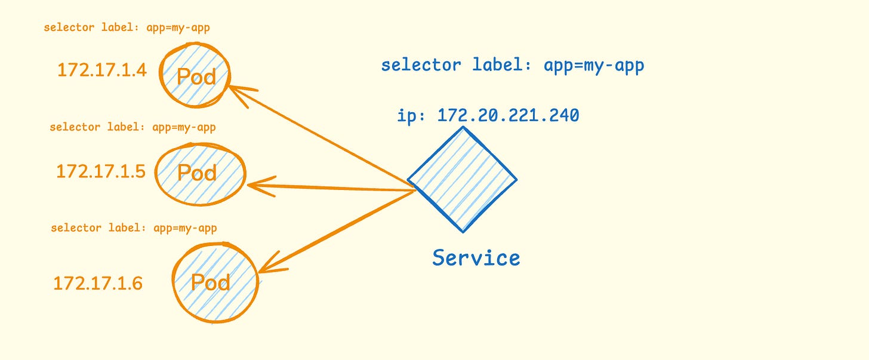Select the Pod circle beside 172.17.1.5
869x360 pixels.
[201, 173]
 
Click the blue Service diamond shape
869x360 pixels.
[462, 179]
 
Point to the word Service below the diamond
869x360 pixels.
[476, 257]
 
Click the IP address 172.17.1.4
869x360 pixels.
[101, 70]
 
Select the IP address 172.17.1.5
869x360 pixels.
[101, 171]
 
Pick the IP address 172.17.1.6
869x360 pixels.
[98, 283]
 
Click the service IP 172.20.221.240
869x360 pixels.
[508, 115]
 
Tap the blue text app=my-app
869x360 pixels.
[594, 64]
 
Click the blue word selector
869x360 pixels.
[421, 64]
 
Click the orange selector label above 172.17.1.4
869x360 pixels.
[127, 27]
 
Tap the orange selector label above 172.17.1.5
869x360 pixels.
[132, 127]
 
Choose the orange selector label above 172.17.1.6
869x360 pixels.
[134, 228]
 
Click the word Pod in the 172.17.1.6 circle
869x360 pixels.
[211, 282]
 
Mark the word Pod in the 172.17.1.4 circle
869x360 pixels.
[196, 76]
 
